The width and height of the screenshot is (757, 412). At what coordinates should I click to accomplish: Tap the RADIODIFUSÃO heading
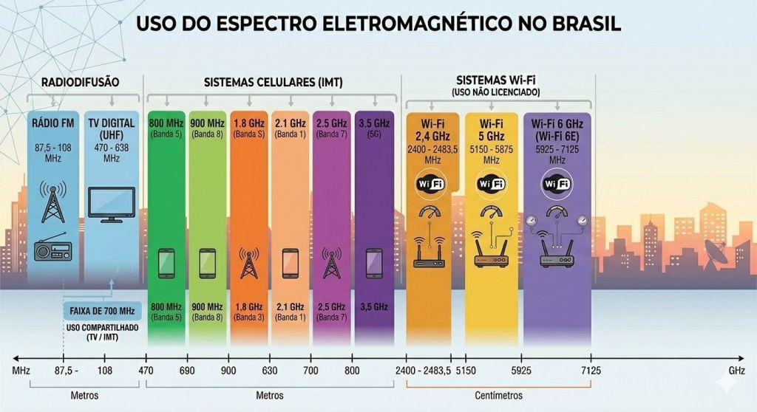point(81,82)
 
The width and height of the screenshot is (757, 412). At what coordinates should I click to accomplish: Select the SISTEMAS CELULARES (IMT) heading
point(273,82)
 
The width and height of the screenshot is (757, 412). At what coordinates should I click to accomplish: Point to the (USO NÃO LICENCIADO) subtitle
point(495,92)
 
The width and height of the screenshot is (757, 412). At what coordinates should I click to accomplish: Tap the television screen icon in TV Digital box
point(112,203)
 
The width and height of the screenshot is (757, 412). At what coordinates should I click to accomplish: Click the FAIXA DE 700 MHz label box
point(102,310)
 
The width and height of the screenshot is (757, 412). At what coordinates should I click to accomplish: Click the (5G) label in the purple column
point(374,136)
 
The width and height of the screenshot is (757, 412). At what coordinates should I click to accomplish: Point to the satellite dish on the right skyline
point(715,251)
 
